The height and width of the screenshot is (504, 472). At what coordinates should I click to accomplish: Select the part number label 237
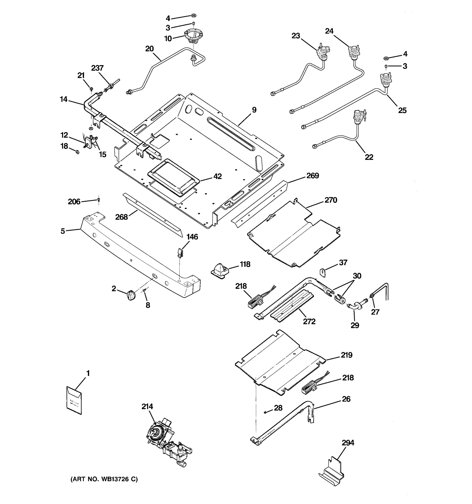tap(98, 68)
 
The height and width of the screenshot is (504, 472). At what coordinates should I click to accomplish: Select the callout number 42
tap(218, 176)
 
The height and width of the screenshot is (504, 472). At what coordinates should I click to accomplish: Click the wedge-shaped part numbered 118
tap(220, 270)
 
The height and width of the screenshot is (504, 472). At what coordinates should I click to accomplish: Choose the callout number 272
tap(309, 322)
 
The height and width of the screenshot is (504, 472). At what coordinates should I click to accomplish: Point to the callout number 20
tap(149, 49)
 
